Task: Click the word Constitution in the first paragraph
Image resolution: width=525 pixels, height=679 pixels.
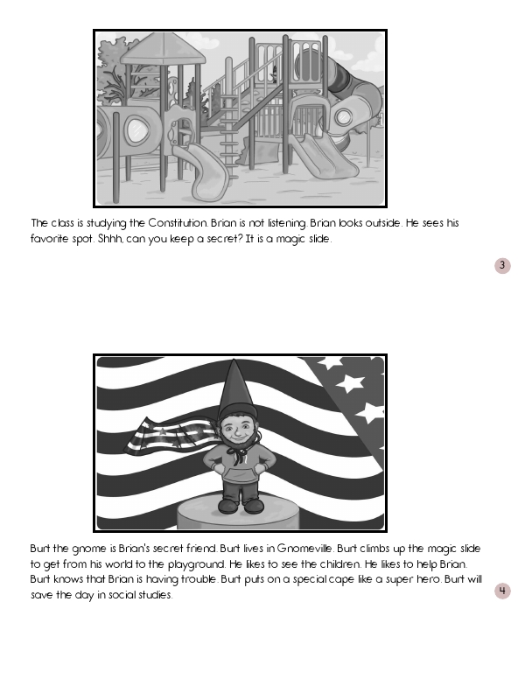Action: tap(178, 223)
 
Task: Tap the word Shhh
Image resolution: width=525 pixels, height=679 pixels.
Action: tap(111, 239)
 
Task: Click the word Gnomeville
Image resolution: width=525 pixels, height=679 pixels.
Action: tap(305, 549)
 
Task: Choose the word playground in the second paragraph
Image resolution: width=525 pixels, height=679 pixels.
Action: tap(196, 564)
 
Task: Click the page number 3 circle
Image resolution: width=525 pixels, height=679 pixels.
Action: tap(502, 265)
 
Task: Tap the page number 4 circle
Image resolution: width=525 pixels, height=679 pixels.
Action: tap(502, 591)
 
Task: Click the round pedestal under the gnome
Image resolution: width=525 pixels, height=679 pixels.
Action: tap(238, 513)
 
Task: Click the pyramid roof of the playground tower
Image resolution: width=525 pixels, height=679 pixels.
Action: tap(163, 47)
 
